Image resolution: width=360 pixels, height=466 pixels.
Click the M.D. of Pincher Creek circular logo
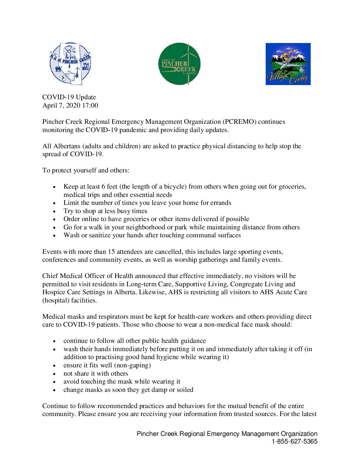point(70,64)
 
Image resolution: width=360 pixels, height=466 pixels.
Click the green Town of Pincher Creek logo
point(179,64)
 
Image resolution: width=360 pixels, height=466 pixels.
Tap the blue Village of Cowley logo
point(288,64)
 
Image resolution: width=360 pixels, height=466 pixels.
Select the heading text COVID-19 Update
point(69,97)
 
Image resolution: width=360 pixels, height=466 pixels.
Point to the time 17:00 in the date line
point(90,105)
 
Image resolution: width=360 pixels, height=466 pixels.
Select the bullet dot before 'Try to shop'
point(54,211)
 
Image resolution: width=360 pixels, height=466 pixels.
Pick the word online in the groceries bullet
point(90,219)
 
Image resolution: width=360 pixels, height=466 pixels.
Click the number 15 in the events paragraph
point(112,252)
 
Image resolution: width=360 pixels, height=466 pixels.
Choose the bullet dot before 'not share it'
point(54,374)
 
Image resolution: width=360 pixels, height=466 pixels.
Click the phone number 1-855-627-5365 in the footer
point(294,441)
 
